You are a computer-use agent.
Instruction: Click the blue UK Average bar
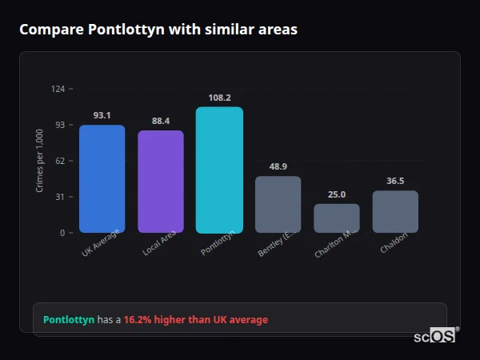click(x=102, y=178)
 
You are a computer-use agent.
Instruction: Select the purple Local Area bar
click(x=161, y=182)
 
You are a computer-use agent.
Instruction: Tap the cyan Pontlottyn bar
click(x=219, y=170)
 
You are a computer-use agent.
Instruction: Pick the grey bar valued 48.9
click(x=278, y=204)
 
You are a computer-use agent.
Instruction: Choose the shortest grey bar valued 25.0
click(x=337, y=218)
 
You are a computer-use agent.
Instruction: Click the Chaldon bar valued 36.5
click(x=395, y=211)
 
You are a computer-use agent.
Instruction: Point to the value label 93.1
click(x=102, y=115)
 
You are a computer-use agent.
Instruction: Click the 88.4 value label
click(x=161, y=121)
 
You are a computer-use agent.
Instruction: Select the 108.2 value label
click(x=219, y=98)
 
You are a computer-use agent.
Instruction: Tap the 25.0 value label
click(x=337, y=194)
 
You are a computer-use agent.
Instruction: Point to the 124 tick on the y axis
click(x=58, y=89)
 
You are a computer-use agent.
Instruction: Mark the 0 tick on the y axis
click(x=62, y=233)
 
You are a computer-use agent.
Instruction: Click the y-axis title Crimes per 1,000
click(x=39, y=160)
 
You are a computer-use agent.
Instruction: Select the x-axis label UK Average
click(x=100, y=243)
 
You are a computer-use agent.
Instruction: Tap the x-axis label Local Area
click(x=159, y=243)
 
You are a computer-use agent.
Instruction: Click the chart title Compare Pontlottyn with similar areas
click(x=158, y=30)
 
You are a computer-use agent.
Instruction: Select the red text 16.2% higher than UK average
click(x=196, y=320)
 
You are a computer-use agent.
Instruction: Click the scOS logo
click(x=434, y=336)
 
